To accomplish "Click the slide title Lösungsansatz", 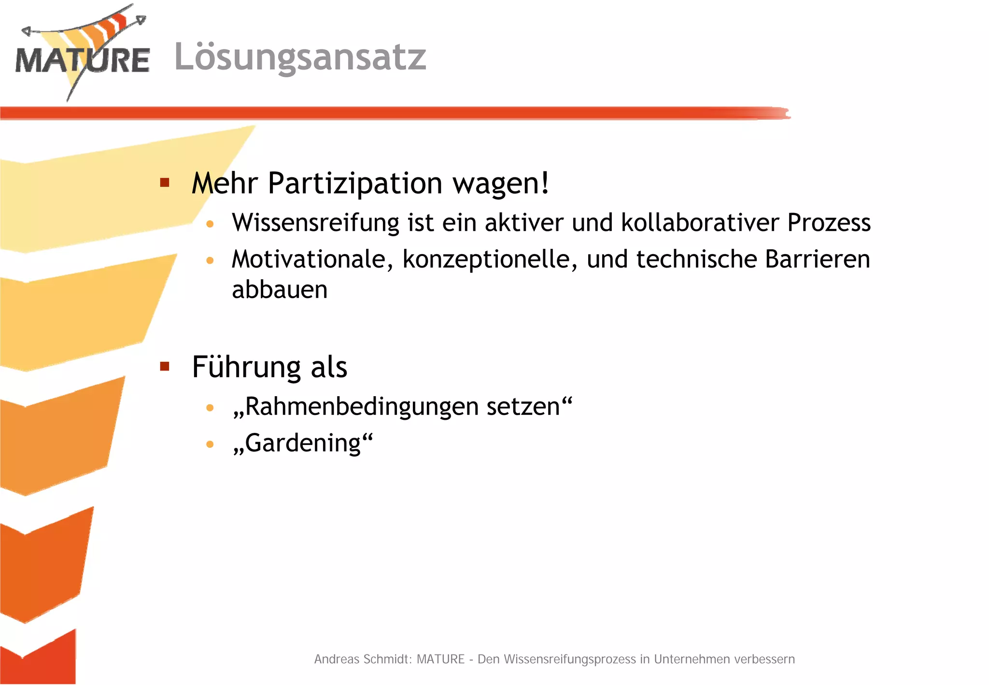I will pos(300,57).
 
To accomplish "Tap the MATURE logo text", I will pos(82,60).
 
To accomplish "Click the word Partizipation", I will pos(354,184).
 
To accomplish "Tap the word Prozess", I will pos(829,223).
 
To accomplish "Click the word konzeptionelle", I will pos(490,259).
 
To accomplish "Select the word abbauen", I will pos(280,290).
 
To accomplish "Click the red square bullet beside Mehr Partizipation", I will pos(165,183).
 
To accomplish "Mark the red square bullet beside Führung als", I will pos(165,366).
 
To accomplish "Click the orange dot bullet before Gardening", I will pos(210,444).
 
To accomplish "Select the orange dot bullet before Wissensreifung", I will pos(210,224).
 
